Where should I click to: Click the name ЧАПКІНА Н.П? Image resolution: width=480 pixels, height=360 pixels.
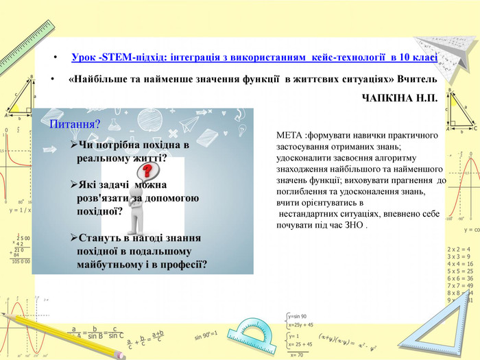400,99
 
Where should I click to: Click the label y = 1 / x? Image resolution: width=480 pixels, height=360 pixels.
21,211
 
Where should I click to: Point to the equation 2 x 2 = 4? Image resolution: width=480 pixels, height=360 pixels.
459,249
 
